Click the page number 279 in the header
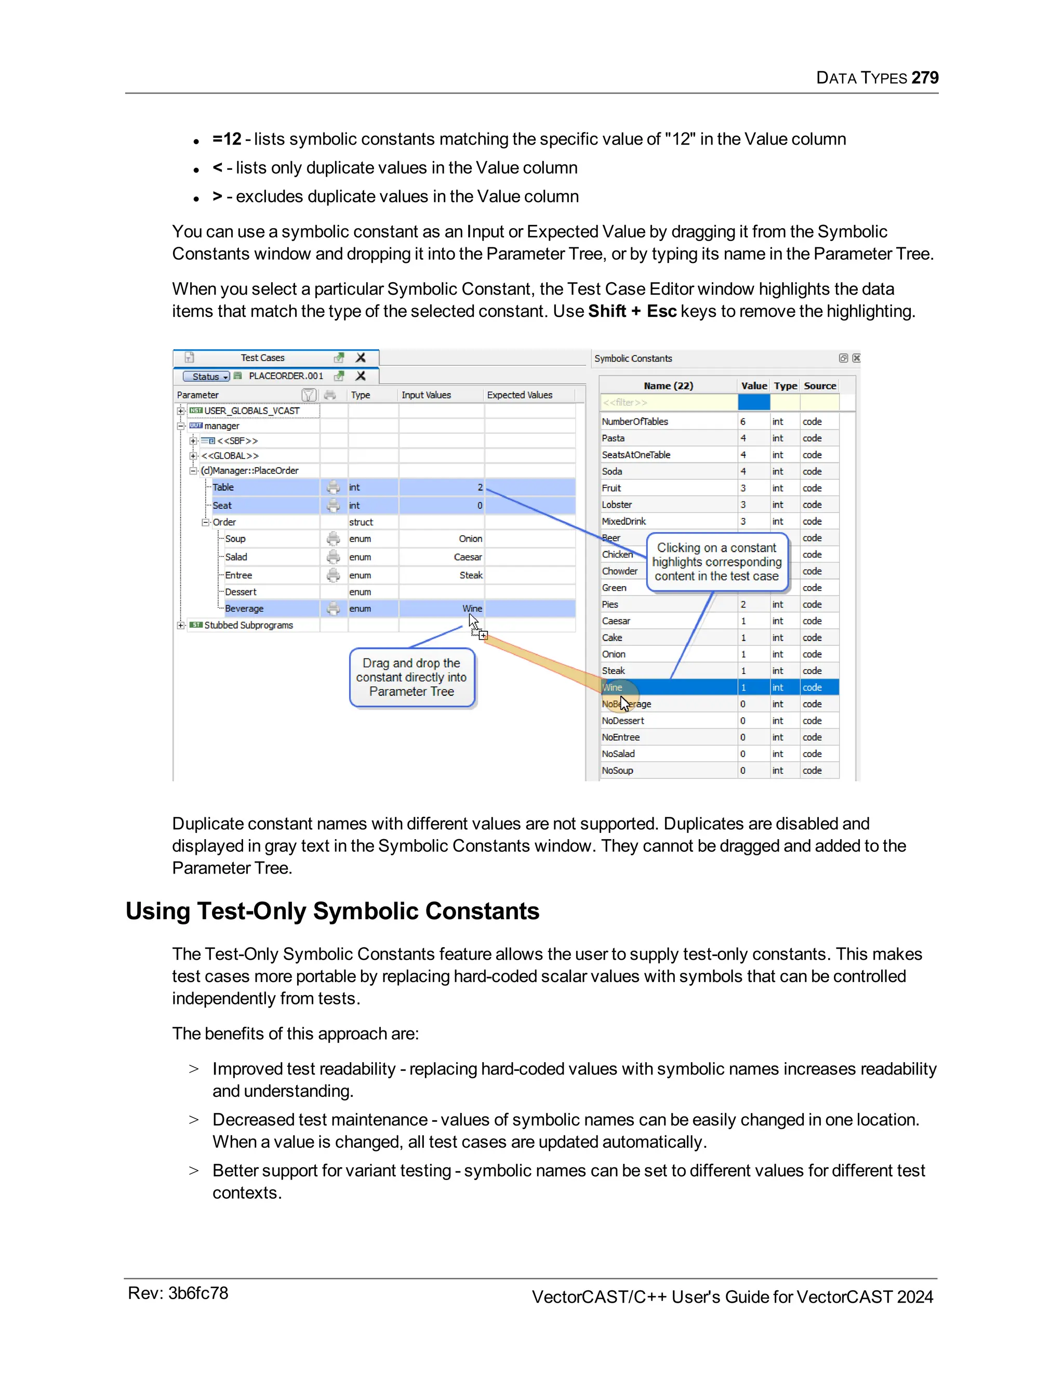[x=924, y=77]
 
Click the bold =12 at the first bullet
[x=227, y=139]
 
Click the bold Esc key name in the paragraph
[x=661, y=311]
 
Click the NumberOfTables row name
[x=635, y=421]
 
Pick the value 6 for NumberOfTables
[x=742, y=421]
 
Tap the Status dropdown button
[x=207, y=376]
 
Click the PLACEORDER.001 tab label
[x=286, y=376]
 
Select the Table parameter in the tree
[x=223, y=487]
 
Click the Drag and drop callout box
[x=411, y=677]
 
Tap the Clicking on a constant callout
[x=716, y=562]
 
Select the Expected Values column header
[x=520, y=395]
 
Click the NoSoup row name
[x=617, y=771]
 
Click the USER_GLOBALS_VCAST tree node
[x=251, y=411]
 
